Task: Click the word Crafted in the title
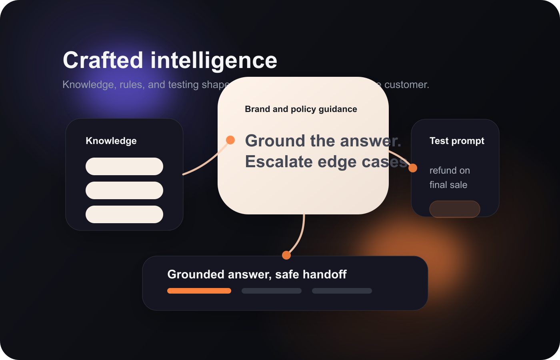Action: (103, 60)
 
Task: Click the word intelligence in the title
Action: (214, 60)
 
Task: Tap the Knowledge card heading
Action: (111, 141)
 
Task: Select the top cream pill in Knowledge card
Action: (124, 166)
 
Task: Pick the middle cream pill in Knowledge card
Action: (124, 190)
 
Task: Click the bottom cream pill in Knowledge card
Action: (124, 214)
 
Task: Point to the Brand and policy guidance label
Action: (301, 109)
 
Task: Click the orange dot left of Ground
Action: (230, 140)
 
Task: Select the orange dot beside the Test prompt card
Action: (413, 168)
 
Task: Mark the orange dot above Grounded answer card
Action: (286, 255)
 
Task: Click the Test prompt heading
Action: (457, 141)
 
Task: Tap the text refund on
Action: (450, 170)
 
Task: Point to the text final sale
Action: (448, 185)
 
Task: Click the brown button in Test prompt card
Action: (454, 209)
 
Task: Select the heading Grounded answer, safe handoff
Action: (257, 274)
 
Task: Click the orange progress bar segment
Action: (199, 291)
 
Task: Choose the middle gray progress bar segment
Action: (272, 291)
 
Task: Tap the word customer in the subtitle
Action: (406, 85)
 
